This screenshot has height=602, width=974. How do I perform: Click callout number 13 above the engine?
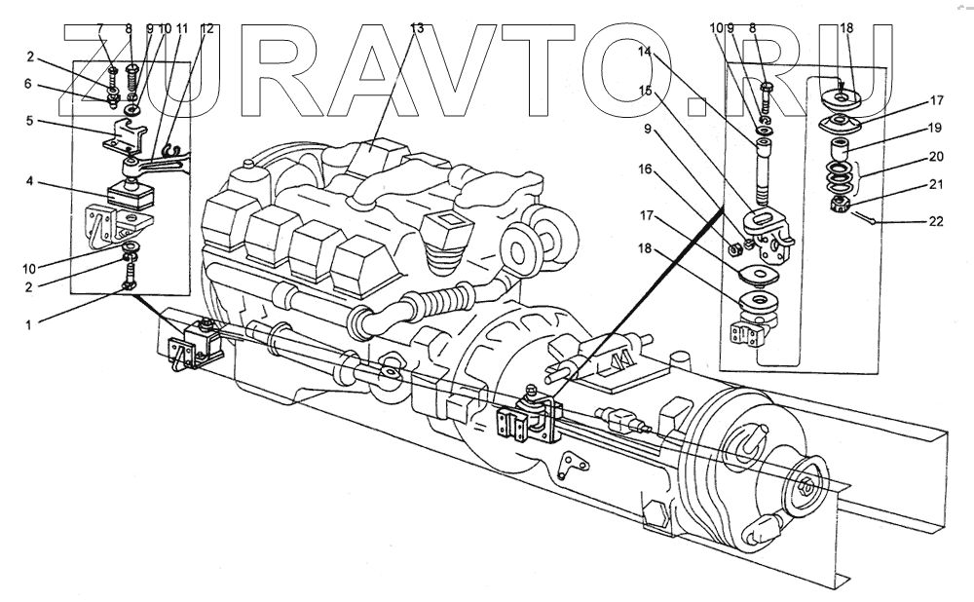(x=417, y=29)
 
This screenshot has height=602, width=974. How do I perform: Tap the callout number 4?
(x=31, y=181)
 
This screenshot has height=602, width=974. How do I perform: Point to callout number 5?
(x=31, y=122)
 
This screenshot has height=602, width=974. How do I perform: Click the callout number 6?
(x=31, y=85)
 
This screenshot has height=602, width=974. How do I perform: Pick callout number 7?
(x=100, y=29)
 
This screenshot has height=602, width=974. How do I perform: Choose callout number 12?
(x=206, y=29)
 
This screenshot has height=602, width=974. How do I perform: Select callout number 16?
(x=644, y=169)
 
